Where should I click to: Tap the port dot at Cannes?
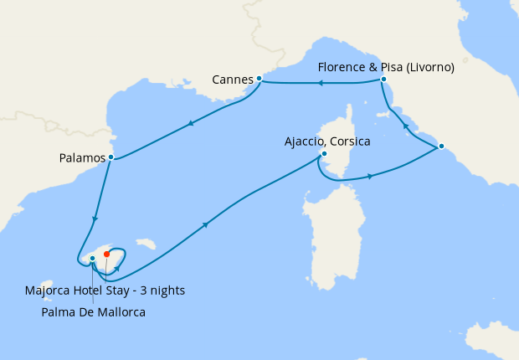click(259, 78)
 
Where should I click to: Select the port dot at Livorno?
click(383, 80)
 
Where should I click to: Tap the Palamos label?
click(82, 157)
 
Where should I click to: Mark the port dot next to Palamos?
click(111, 157)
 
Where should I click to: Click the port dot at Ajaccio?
click(324, 153)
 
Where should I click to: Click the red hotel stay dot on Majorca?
click(106, 254)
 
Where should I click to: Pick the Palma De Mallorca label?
click(93, 312)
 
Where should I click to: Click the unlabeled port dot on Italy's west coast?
click(440, 147)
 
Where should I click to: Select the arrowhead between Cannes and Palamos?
click(192, 124)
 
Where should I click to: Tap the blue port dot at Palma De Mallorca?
click(92, 259)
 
